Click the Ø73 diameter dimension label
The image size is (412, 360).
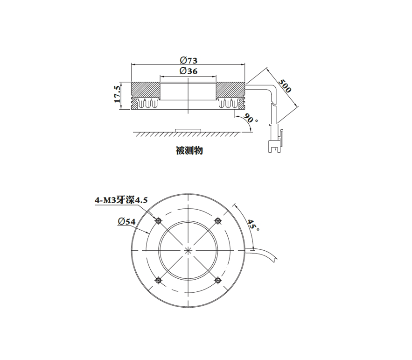pyautogui.click(x=189, y=60)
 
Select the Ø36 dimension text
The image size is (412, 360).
pyautogui.click(x=189, y=71)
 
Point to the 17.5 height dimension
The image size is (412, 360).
pyautogui.click(x=117, y=94)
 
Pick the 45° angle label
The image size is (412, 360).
pyautogui.click(x=253, y=225)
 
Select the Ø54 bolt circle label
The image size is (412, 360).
pyautogui.click(x=126, y=222)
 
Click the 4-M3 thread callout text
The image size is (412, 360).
pyautogui.click(x=121, y=200)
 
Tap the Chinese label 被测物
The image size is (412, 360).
pyautogui.click(x=189, y=151)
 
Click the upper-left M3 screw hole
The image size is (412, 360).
pyautogui.click(x=159, y=221)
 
